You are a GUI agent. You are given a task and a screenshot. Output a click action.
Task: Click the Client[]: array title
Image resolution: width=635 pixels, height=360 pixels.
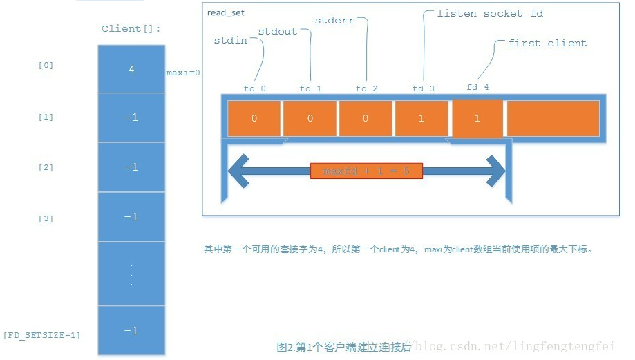point(131,29)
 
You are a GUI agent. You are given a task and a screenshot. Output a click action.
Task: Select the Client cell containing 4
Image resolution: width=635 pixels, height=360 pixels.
point(131,69)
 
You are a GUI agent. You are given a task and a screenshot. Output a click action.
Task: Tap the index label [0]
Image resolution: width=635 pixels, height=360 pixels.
point(46,66)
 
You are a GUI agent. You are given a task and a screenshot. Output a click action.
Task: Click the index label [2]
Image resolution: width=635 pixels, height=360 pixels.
point(46,167)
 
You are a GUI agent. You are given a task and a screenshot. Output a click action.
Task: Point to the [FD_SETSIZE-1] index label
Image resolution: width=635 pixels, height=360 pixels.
point(42,335)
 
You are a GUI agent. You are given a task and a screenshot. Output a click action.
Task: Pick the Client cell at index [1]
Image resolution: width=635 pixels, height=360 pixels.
point(131,117)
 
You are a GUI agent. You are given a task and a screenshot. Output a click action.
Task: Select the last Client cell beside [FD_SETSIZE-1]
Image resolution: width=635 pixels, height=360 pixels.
point(131,331)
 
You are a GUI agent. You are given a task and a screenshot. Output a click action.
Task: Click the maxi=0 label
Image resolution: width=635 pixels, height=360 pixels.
point(183,72)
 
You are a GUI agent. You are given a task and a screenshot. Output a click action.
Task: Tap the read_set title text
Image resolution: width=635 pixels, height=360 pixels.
point(226,12)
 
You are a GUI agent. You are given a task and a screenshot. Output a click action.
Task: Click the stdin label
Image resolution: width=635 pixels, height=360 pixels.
point(231,41)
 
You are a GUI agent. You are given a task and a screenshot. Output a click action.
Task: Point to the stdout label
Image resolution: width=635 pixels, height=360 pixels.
point(278,31)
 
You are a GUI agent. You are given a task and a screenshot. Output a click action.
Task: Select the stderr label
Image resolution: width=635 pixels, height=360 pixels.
point(334,21)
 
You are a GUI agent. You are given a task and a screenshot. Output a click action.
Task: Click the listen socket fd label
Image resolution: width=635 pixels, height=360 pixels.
point(490,13)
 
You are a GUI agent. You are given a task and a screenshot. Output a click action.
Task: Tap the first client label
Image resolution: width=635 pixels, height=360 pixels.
point(547,43)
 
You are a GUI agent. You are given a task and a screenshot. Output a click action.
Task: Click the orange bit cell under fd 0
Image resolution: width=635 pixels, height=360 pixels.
point(254,118)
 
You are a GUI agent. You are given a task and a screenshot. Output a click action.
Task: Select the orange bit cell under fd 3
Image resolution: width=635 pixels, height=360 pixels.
point(421,118)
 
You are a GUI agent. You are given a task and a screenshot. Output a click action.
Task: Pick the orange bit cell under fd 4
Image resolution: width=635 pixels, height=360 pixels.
point(477,118)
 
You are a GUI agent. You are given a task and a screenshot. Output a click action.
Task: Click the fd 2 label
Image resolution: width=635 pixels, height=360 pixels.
point(366,88)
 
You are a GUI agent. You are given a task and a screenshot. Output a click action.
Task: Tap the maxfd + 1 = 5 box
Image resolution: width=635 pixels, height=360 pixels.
point(366,171)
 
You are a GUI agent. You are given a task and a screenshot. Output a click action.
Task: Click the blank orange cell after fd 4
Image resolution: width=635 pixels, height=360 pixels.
point(553,118)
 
